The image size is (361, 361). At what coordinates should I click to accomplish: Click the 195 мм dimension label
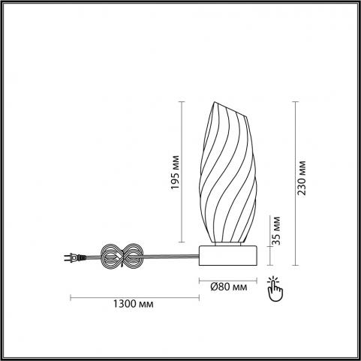(175, 173)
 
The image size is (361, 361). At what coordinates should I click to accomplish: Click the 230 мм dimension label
(302, 178)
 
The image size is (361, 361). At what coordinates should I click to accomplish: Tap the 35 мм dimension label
(276, 230)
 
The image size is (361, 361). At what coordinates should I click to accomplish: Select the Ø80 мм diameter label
(229, 287)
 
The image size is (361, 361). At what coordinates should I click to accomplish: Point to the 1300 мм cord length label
(134, 304)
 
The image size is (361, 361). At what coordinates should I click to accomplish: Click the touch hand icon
(275, 289)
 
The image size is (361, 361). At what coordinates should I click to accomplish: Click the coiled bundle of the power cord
(122, 256)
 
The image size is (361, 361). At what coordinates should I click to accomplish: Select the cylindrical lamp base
(228, 255)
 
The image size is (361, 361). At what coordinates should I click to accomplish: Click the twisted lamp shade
(227, 172)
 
